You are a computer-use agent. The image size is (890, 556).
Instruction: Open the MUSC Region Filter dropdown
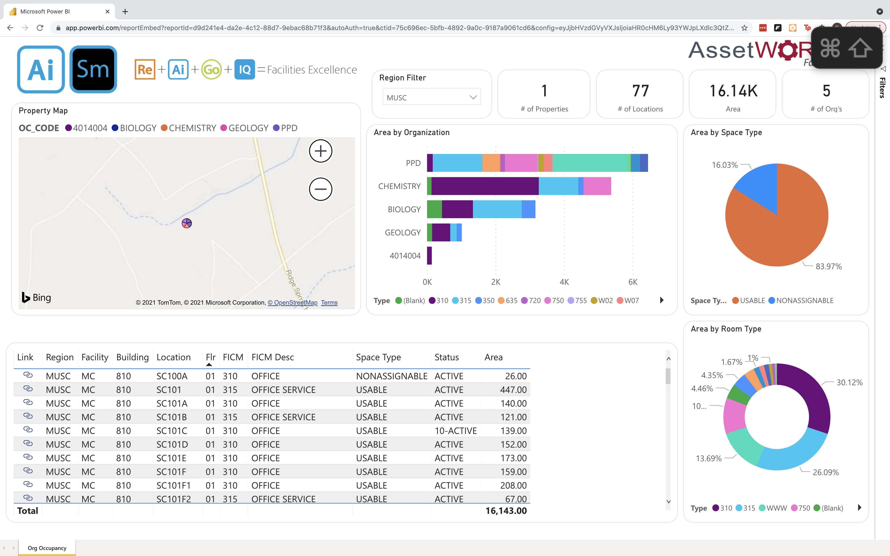(x=431, y=98)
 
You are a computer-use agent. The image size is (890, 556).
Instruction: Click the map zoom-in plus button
(x=320, y=151)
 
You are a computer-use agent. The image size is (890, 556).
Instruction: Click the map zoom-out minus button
(x=320, y=189)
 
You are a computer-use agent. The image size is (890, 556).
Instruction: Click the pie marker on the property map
(x=187, y=223)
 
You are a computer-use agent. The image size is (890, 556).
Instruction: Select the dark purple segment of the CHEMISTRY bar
(x=485, y=186)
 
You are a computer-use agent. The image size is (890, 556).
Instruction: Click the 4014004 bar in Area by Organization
(x=429, y=256)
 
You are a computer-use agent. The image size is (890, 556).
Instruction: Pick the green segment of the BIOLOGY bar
(x=434, y=209)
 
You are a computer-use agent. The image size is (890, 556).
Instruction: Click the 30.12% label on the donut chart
(x=849, y=382)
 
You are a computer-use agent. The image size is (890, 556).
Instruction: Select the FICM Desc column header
(x=273, y=357)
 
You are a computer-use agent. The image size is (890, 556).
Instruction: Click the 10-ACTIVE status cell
(x=455, y=431)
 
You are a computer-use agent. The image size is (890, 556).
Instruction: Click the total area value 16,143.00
(x=506, y=511)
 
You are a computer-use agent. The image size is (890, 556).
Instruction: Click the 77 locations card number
(x=640, y=91)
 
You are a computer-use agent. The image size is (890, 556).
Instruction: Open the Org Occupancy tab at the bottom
(x=47, y=548)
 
